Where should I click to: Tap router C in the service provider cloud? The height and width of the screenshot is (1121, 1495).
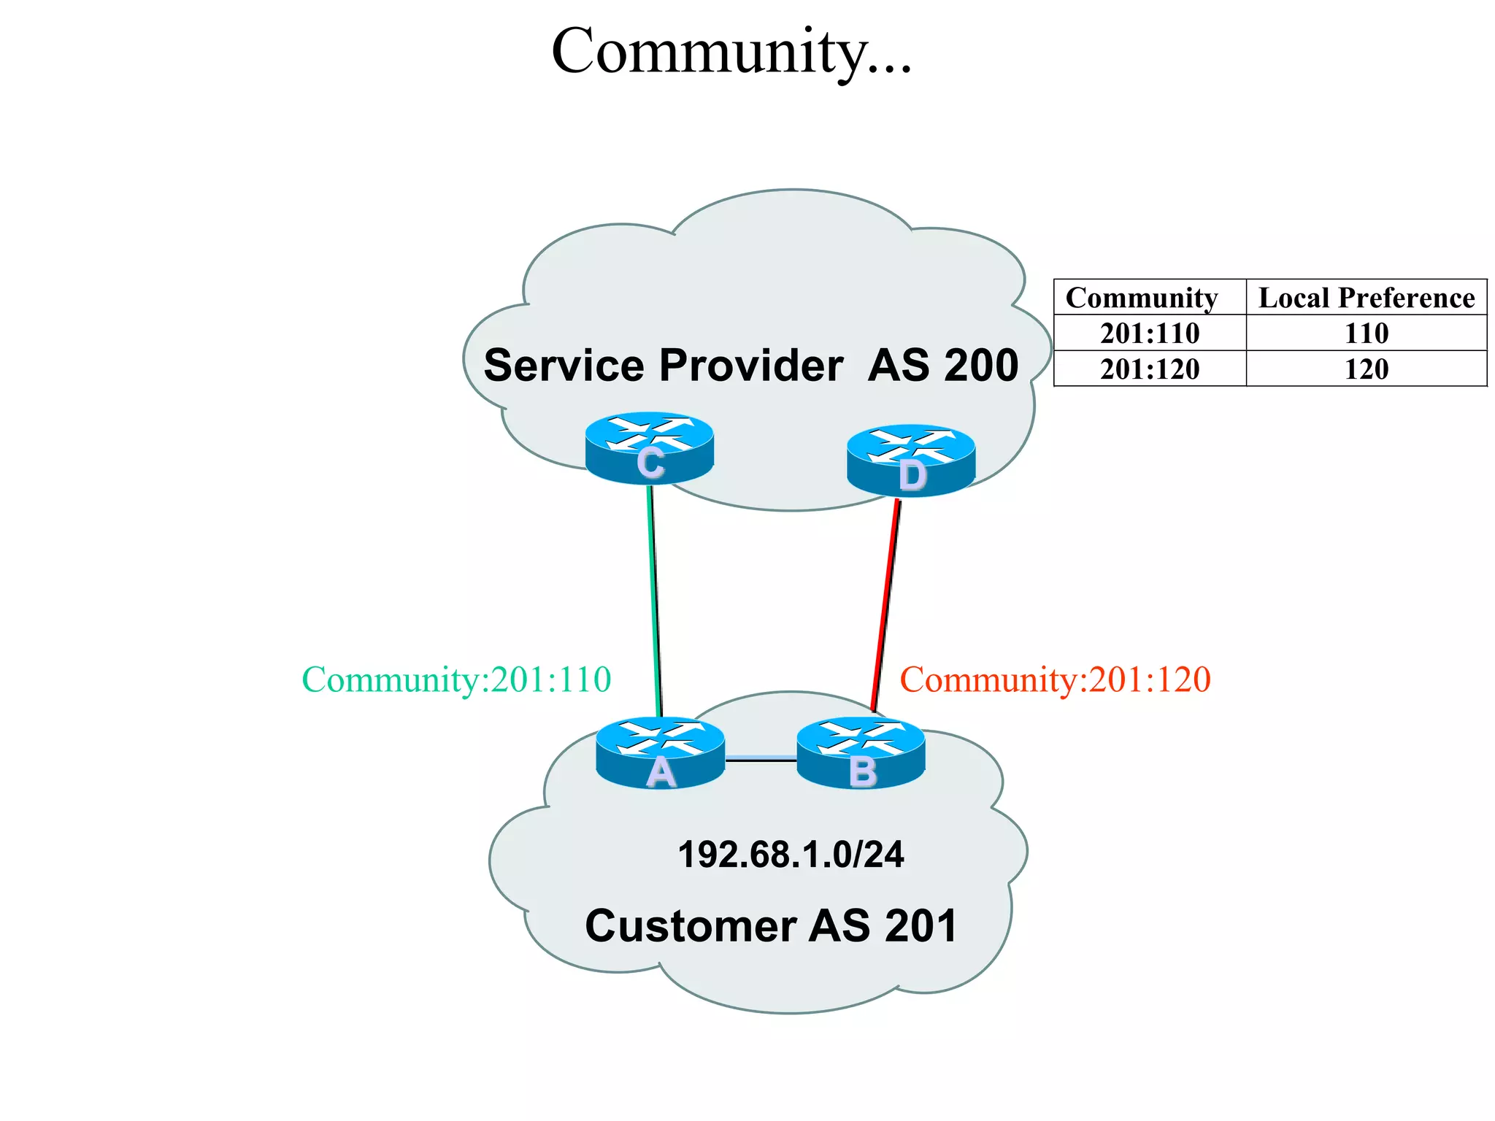(x=649, y=447)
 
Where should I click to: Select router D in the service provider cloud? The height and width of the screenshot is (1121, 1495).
(x=910, y=460)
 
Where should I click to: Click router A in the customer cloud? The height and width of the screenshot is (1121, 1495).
(x=660, y=752)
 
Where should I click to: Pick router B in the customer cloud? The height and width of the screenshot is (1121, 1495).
(x=861, y=752)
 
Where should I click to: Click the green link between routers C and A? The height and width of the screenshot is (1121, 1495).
(x=655, y=598)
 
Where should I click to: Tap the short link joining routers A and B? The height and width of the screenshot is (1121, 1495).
(x=760, y=760)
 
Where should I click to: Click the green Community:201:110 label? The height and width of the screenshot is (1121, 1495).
(x=456, y=680)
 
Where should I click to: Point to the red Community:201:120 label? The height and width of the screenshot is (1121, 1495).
(x=1055, y=680)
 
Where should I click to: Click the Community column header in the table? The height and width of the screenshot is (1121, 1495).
(x=1142, y=298)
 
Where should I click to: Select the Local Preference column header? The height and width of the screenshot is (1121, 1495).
(x=1367, y=298)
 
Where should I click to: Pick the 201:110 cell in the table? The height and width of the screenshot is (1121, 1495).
(x=1150, y=334)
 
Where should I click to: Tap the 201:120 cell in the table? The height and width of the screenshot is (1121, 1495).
(x=1150, y=369)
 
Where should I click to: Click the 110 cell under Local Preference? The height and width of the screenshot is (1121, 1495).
(x=1367, y=334)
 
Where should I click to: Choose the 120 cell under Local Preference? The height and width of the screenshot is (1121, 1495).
(x=1367, y=369)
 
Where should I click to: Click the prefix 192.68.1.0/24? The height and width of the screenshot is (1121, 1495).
(x=791, y=855)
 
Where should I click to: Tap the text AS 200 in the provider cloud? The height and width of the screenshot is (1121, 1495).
(x=943, y=365)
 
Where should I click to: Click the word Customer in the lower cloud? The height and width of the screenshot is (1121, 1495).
(x=690, y=926)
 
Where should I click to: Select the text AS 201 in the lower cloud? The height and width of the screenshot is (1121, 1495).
(x=883, y=926)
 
